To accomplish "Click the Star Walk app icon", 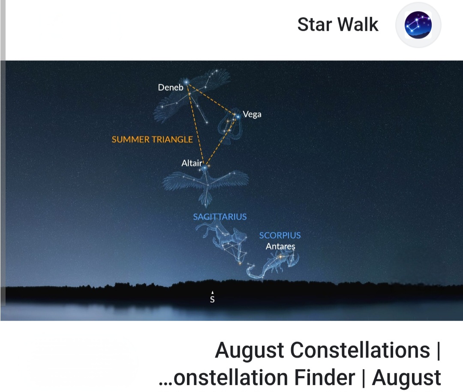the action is click(x=418, y=25).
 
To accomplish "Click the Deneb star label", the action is click(x=170, y=88).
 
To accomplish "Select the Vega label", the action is click(x=252, y=114).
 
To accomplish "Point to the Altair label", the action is click(x=192, y=163).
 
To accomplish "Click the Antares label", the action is click(x=280, y=246).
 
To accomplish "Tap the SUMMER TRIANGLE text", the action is click(x=152, y=140).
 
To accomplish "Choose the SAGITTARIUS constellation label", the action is click(x=219, y=217).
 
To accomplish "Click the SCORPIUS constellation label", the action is click(x=280, y=235).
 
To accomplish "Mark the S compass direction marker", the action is click(x=212, y=297).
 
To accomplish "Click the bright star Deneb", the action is click(x=186, y=82).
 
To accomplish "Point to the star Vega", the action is click(x=238, y=117).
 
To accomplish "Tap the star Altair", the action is click(x=204, y=168).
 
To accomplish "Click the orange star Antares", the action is click(x=280, y=257).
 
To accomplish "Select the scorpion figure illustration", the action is click(x=272, y=264).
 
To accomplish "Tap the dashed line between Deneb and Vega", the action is click(x=211, y=99).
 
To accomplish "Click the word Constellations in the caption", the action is click(x=360, y=350).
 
